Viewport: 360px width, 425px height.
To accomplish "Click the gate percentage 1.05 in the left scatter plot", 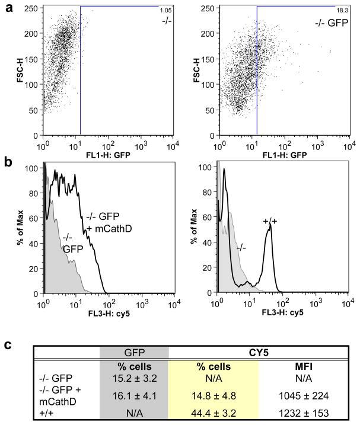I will click(x=165, y=11).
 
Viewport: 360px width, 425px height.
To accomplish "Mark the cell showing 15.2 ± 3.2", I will click(x=134, y=379).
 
